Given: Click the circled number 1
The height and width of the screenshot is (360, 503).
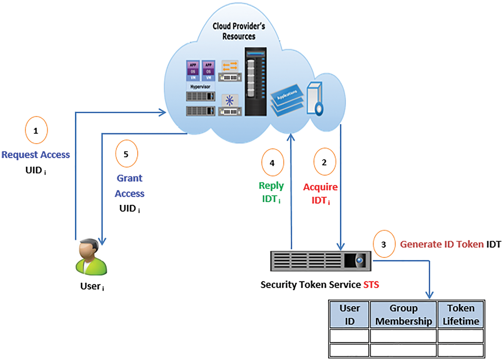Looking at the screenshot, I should tap(36, 130).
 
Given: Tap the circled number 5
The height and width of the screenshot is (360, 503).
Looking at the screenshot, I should tap(126, 154).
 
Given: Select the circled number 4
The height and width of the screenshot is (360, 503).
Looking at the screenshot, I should tap(272, 162).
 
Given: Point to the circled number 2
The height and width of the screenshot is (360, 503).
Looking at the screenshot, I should tap(325, 162).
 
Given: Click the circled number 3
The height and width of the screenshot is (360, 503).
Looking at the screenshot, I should tap(384, 244).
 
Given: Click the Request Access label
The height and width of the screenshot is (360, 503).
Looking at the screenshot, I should tap(36, 155).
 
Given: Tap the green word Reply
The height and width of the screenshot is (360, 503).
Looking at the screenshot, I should tap(271, 186).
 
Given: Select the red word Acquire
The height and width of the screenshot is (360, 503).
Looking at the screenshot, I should tap(320, 187).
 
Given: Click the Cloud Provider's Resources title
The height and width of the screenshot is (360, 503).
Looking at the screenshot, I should tap(239, 31).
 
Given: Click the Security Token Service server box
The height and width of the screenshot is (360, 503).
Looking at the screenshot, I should tap(320, 261).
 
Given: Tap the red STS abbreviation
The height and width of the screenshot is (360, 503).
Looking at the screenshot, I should tap(371, 284).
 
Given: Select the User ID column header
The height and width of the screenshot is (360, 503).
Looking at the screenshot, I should tap(349, 315).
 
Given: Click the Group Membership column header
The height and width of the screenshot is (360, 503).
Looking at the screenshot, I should tap(403, 315).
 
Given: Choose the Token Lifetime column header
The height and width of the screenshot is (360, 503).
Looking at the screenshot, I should tap(460, 315).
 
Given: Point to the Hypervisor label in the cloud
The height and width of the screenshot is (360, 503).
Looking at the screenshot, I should tap(200, 87).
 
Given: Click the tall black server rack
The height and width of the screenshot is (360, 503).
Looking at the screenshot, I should tap(256, 82).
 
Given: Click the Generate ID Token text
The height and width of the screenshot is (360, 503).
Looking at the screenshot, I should tap(442, 244).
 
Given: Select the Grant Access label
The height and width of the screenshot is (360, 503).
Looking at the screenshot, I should tap(130, 186).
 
